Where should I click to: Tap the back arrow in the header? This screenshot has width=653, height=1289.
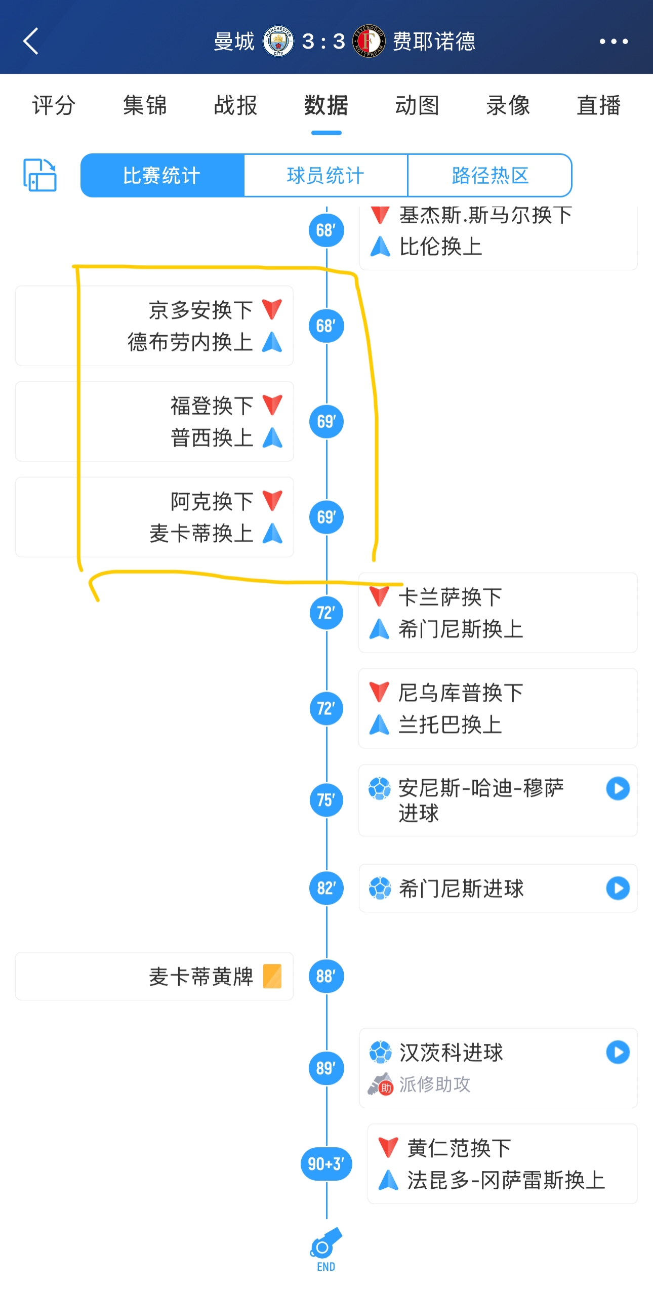[x=31, y=41]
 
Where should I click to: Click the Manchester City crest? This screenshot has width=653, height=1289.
[x=278, y=41]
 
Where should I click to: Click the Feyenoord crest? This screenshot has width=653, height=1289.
[x=369, y=41]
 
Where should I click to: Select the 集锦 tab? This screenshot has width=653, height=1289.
[x=145, y=106]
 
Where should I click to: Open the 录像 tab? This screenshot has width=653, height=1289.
[x=508, y=106]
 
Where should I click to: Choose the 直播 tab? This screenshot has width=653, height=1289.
[x=598, y=106]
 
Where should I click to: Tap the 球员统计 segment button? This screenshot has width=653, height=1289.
[x=325, y=176]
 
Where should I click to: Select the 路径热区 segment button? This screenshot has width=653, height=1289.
[x=489, y=176]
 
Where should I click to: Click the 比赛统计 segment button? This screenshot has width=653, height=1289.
[x=162, y=176]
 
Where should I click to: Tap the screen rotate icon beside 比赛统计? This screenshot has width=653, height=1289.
[x=40, y=175]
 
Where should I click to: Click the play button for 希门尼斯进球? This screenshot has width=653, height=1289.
[x=618, y=888]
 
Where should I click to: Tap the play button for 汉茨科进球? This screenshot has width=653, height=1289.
[x=618, y=1052]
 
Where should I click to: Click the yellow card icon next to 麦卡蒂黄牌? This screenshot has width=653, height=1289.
[x=272, y=976]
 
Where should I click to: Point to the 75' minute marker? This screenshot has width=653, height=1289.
[x=326, y=800]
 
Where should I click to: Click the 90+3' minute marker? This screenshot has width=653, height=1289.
[x=326, y=1164]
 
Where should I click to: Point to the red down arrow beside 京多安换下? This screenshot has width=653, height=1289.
[x=272, y=309]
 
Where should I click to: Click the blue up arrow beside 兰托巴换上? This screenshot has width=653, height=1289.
[x=379, y=724]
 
